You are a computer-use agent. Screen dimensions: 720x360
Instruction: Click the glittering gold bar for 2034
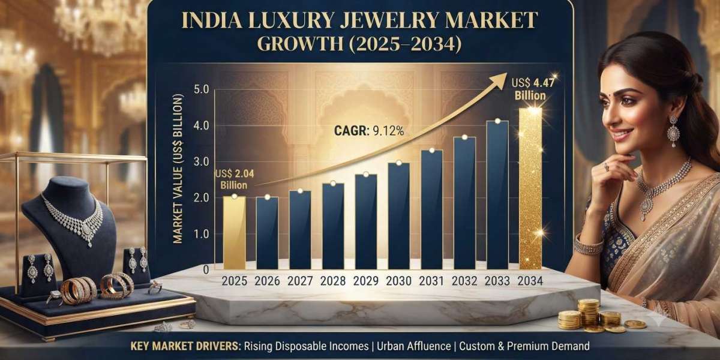pyautogui.click(x=530, y=188)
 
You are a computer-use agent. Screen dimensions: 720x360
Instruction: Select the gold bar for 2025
pyautogui.click(x=235, y=233)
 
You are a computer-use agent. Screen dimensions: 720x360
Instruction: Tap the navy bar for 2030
pyautogui.click(x=399, y=216)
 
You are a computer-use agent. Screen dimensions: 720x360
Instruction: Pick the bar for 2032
pyautogui.click(x=465, y=203)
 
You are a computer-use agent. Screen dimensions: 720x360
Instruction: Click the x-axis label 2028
pyautogui.click(x=333, y=281)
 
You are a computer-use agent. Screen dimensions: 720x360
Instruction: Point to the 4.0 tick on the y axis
pyautogui.click(x=202, y=125)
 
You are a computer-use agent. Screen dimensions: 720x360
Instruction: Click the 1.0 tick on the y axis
pyautogui.click(x=202, y=234)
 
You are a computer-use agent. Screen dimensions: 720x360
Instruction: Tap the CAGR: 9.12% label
pyautogui.click(x=369, y=131)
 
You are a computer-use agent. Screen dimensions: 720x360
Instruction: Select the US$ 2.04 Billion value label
pyautogui.click(x=235, y=179)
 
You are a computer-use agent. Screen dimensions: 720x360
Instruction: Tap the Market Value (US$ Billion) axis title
pyautogui.click(x=178, y=169)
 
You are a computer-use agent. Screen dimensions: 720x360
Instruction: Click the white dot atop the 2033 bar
pyautogui.click(x=497, y=121)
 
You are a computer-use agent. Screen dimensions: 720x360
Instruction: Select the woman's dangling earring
pyautogui.click(x=673, y=131)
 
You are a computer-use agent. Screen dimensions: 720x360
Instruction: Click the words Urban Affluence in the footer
pyautogui.click(x=413, y=346)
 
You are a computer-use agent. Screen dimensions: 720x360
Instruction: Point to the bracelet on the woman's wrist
pyautogui.click(x=589, y=245)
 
